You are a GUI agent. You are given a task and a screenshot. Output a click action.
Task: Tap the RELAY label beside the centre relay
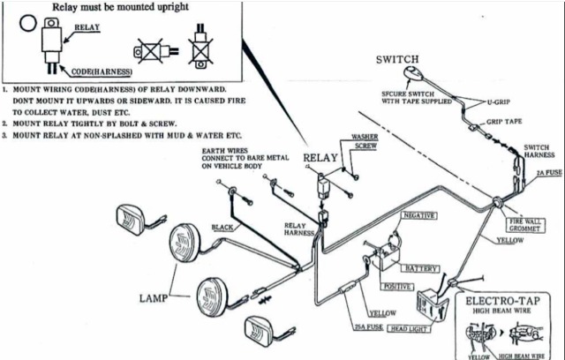click(x=320, y=159)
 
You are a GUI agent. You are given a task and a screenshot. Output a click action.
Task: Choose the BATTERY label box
click(x=420, y=267)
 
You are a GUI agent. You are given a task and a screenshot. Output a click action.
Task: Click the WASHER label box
click(x=365, y=139)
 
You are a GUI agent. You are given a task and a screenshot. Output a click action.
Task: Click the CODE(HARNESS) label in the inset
click(x=94, y=71)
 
